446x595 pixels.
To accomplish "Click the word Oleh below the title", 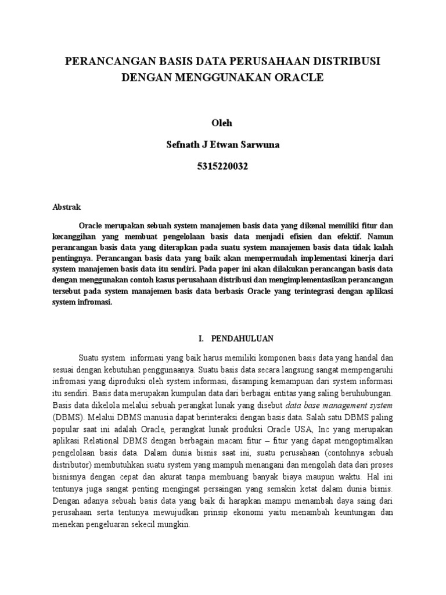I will coord(222,123).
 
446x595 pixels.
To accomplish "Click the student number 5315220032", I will coord(222,167).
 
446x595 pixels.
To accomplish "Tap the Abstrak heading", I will coord(67,207).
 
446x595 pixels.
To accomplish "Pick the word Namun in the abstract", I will coord(380,236).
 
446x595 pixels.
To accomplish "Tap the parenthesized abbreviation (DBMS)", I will coord(67,417).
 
